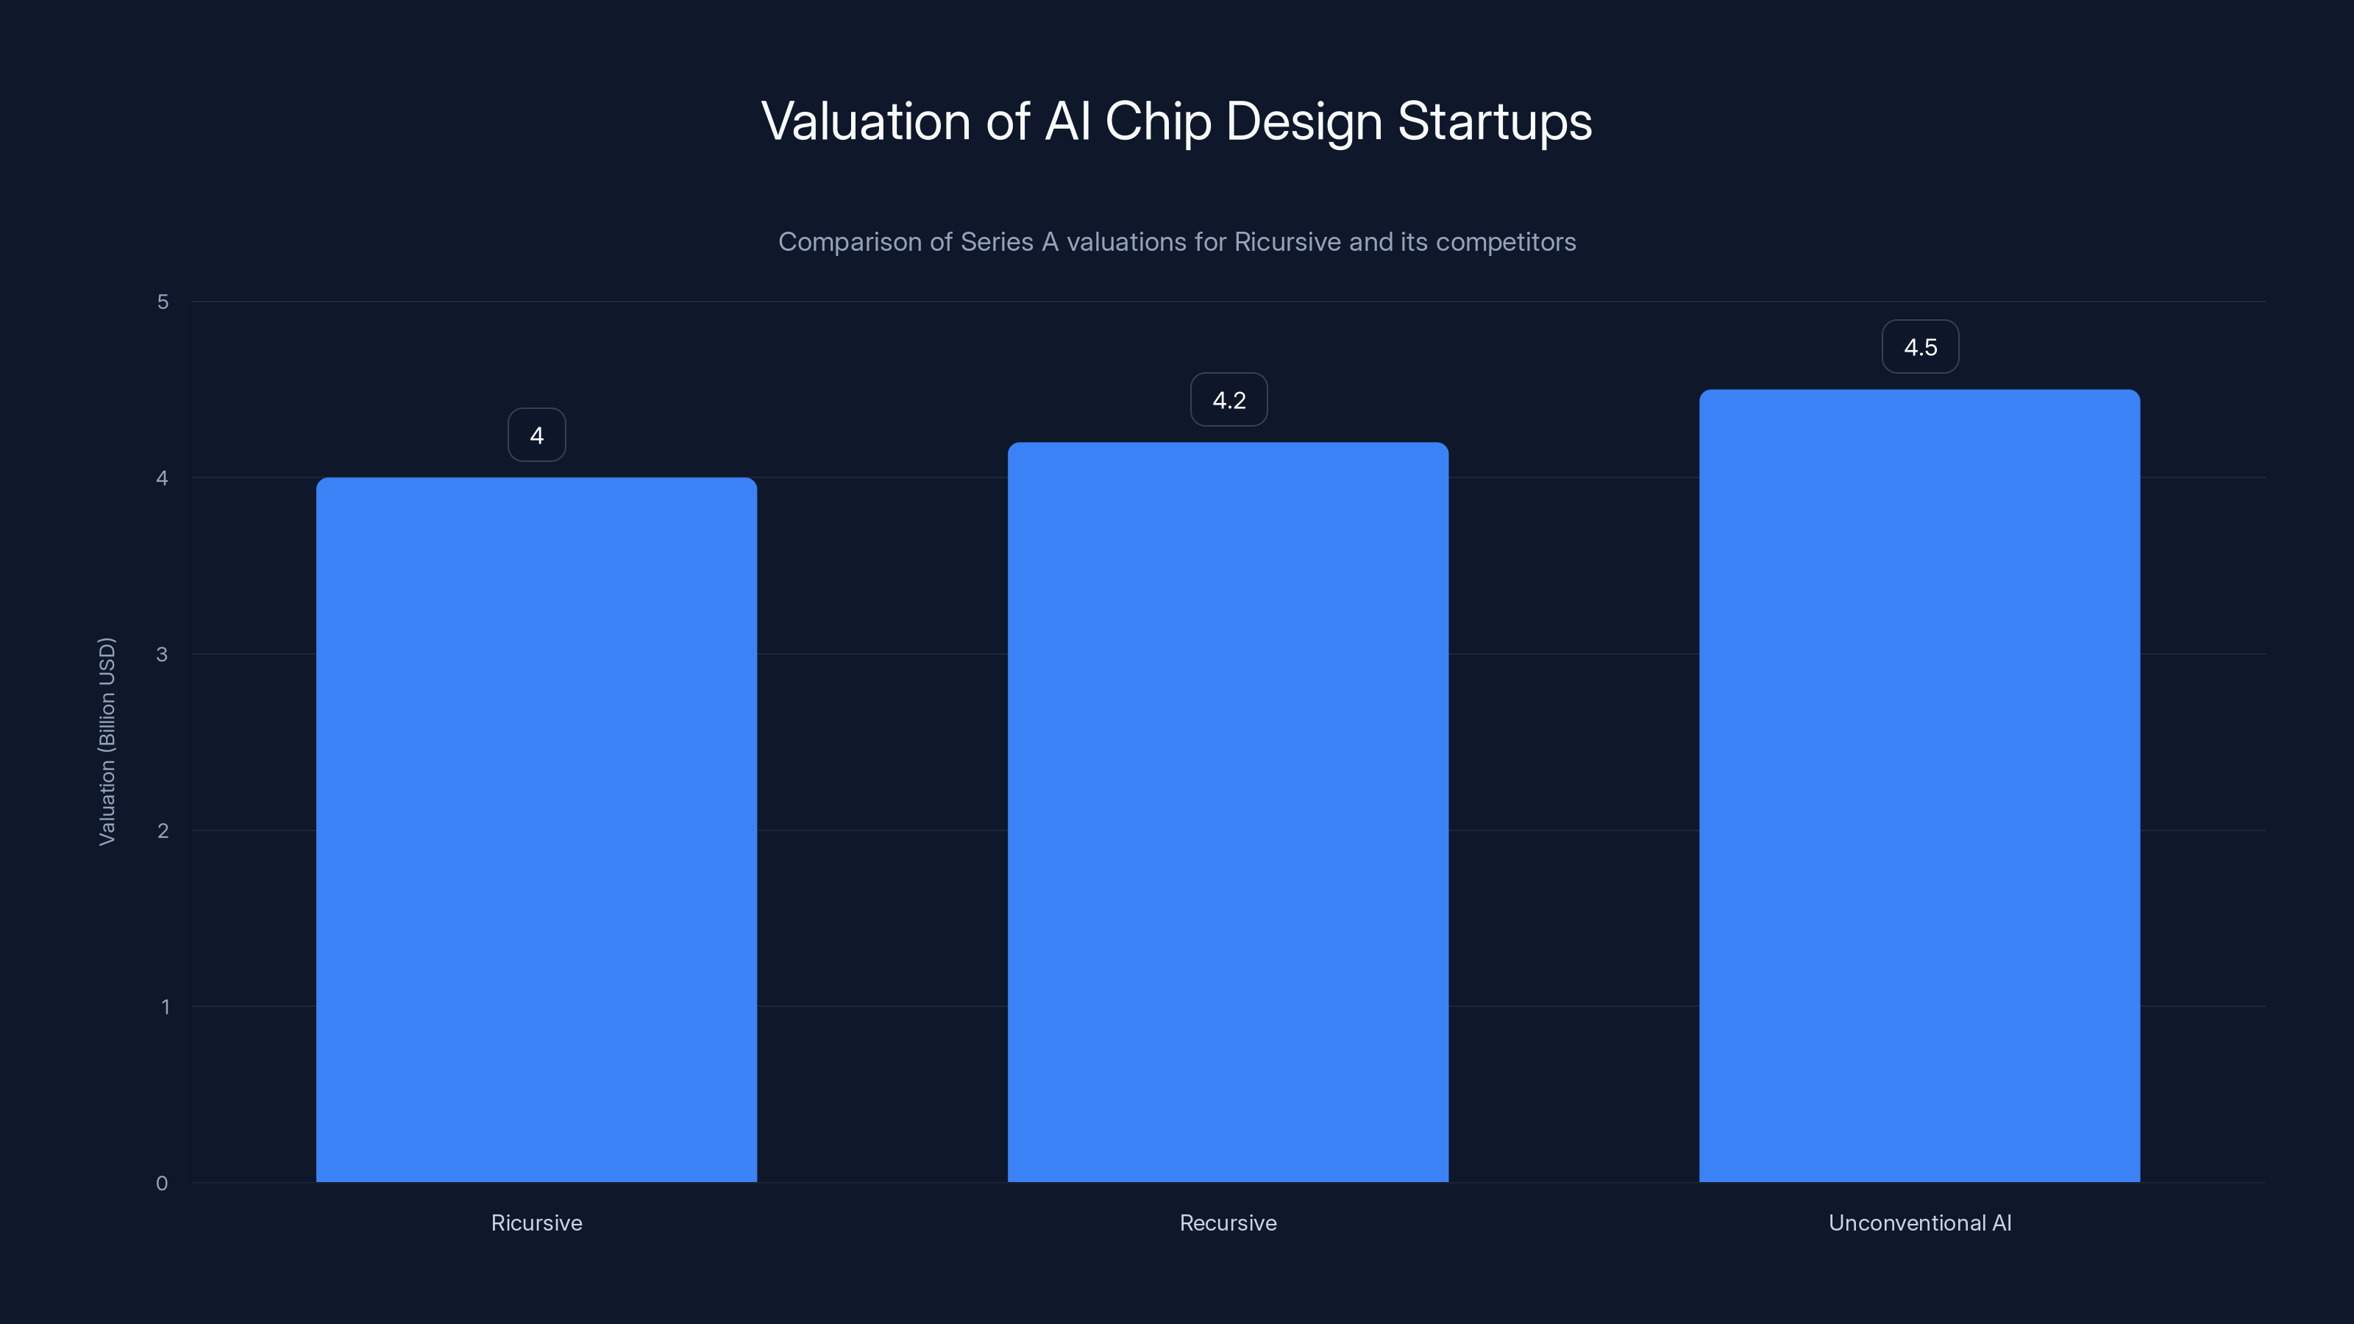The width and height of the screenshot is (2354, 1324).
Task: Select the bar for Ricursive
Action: tap(536, 830)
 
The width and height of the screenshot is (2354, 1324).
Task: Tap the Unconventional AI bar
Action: tap(1919, 786)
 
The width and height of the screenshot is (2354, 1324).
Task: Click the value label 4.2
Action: tap(1228, 400)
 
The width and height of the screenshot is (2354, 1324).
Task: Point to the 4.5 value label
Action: tap(1920, 347)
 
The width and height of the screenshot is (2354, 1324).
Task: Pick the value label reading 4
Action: tap(536, 435)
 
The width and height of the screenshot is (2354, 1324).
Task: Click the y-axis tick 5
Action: tap(163, 302)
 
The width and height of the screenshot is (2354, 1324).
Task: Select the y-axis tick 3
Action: tap(162, 654)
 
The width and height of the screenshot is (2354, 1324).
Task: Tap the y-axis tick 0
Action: tap(162, 1184)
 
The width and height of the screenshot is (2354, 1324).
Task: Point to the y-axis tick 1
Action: tap(165, 1007)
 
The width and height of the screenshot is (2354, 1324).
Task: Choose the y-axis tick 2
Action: tap(163, 830)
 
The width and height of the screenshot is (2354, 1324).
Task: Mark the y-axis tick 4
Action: tap(162, 478)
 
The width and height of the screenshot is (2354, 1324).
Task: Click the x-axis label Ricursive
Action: tap(536, 1222)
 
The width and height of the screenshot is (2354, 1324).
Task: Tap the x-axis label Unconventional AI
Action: tap(1919, 1222)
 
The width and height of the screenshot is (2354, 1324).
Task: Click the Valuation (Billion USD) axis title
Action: tap(107, 741)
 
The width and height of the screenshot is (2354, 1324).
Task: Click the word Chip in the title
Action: tap(1158, 121)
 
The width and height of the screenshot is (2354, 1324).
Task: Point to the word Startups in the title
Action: tap(1494, 121)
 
